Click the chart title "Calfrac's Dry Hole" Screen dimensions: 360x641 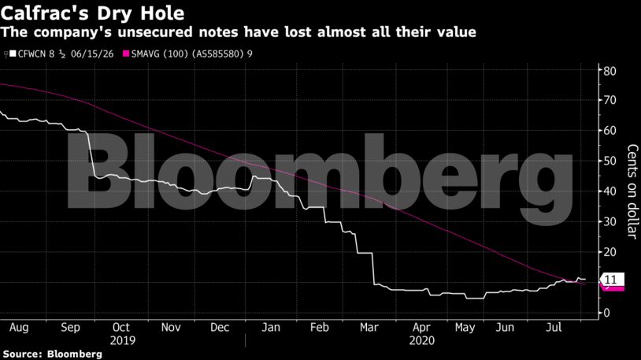click(93, 13)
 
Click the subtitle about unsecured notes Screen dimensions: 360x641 click(239, 32)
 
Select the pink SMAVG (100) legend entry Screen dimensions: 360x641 click(191, 54)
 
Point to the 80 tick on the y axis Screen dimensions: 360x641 click(608, 71)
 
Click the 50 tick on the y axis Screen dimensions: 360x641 click(608, 161)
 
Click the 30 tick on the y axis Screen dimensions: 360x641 click(608, 222)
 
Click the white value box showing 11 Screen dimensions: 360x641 click(612, 280)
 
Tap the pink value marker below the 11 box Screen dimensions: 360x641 click(612, 288)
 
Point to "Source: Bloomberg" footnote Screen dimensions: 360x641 click(52, 354)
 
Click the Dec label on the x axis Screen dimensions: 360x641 click(220, 326)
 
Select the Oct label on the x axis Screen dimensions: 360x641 click(120, 326)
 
